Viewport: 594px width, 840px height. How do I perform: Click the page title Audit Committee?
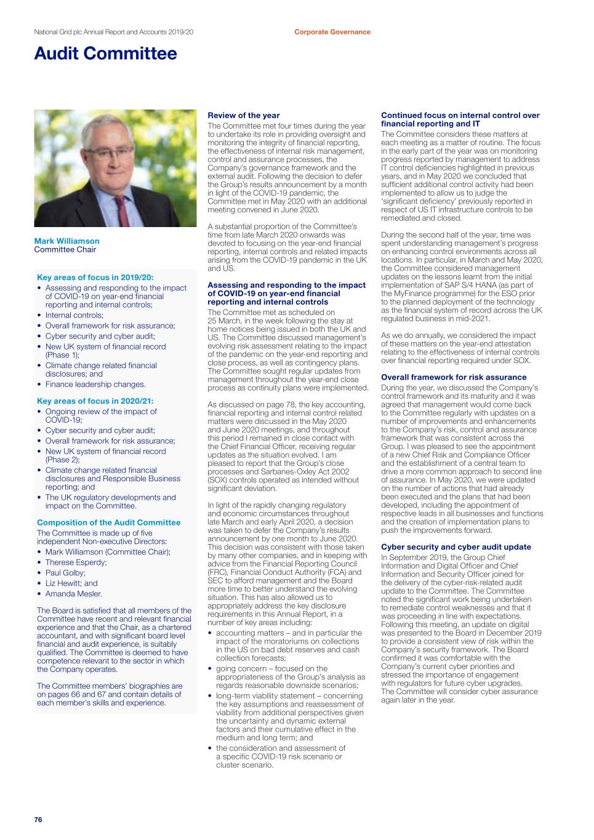tap(105, 54)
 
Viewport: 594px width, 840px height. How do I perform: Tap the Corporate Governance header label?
tap(332, 32)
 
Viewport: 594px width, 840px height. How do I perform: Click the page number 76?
tap(38, 820)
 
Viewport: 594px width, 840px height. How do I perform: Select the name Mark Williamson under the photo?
tap(66, 241)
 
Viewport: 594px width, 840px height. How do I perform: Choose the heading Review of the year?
tap(243, 115)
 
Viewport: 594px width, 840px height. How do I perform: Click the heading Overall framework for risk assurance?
tap(454, 377)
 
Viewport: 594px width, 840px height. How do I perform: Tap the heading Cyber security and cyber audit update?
tap(456, 547)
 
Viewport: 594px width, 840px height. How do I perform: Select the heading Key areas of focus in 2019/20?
tap(95, 278)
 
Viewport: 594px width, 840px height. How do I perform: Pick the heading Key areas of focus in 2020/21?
tap(95, 401)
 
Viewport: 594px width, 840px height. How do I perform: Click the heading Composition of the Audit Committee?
tap(108, 522)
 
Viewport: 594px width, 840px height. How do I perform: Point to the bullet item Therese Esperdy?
tap(76, 562)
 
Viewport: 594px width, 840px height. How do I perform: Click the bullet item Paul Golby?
tap(65, 573)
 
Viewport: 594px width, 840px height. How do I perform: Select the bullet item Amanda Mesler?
tap(74, 594)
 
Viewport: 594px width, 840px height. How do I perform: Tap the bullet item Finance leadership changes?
tap(95, 385)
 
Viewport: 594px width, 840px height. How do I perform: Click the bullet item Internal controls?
tap(74, 315)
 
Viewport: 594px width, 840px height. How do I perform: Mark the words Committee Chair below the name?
tap(65, 250)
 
